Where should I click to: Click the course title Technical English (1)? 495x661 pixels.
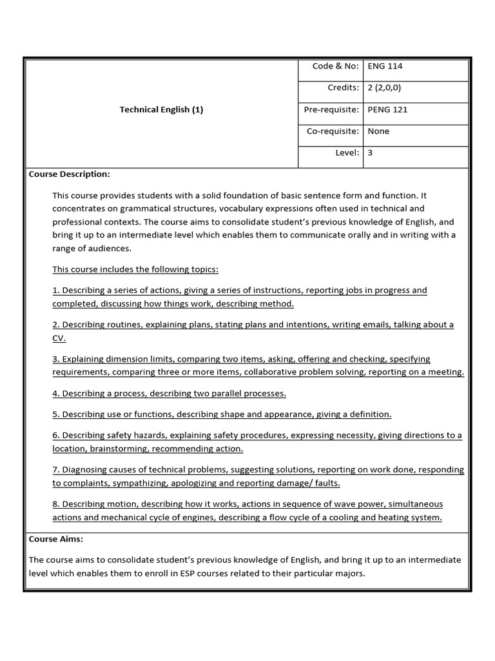(x=161, y=109)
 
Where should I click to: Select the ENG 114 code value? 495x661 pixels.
(x=385, y=66)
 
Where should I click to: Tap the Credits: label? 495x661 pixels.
(x=343, y=87)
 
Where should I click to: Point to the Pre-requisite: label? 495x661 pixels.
(x=331, y=109)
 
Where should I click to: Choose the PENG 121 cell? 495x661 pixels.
(x=387, y=109)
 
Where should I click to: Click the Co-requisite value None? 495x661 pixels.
(x=378, y=131)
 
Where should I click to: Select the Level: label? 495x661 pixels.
(x=346, y=153)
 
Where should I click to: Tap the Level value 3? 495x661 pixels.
(x=370, y=153)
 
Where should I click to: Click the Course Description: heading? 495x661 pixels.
(x=70, y=174)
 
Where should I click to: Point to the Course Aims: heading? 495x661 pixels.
(x=56, y=538)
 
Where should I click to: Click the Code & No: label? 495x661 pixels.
(x=335, y=66)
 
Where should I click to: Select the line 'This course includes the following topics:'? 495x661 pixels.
(x=135, y=269)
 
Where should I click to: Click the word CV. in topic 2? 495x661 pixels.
(x=59, y=338)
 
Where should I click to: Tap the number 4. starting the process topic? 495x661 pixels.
(x=56, y=393)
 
